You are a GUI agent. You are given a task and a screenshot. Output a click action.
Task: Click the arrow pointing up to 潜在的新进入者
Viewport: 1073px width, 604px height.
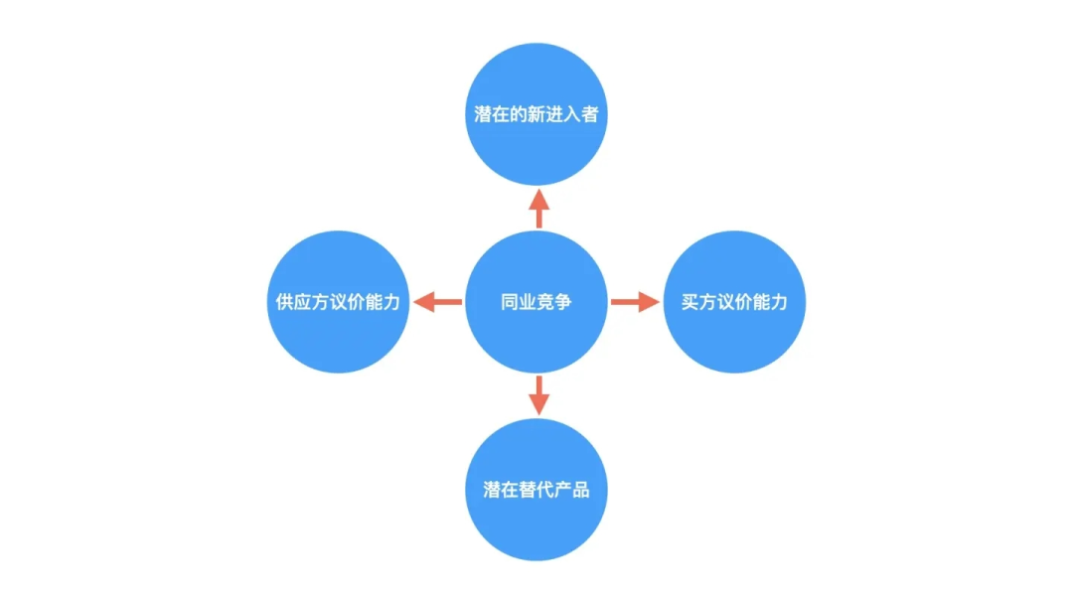538,208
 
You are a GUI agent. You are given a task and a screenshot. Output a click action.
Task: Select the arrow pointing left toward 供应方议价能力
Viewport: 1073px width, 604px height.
437,301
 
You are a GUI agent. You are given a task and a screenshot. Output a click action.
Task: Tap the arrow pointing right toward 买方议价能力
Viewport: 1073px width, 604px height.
635,301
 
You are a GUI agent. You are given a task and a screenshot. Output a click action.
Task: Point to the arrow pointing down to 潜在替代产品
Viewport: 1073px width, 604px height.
538,395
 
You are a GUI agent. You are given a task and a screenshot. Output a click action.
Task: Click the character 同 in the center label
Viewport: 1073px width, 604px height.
510,302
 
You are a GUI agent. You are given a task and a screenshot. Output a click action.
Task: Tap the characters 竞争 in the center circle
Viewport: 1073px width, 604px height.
554,302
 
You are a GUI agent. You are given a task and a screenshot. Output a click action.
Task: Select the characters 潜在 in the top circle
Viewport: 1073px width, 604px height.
492,114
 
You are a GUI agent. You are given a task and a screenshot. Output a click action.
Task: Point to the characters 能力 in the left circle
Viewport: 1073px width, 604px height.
383,302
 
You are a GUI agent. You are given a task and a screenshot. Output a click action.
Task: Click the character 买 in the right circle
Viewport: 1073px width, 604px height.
690,302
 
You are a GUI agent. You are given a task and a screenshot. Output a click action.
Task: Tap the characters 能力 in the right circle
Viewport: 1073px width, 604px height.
770,302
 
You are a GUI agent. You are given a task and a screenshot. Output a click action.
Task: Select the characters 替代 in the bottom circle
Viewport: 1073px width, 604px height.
536,490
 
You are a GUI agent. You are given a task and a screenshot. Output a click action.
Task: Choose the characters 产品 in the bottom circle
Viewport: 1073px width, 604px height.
572,490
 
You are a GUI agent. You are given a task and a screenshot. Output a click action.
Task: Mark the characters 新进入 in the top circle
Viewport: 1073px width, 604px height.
554,114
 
